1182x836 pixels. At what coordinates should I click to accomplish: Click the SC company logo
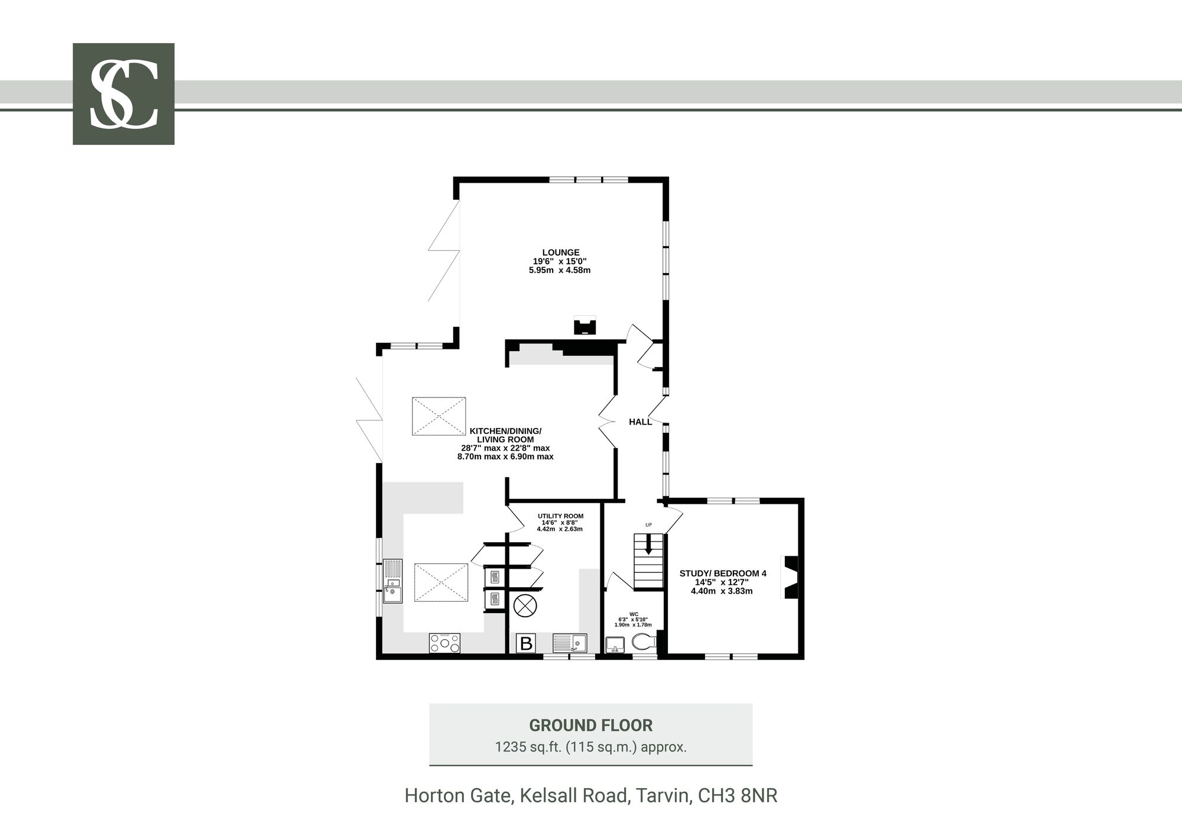click(124, 94)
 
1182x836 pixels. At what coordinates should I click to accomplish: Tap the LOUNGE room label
click(561, 252)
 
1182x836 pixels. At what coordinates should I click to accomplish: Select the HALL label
click(641, 422)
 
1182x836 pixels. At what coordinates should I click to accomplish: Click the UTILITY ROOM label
click(560, 516)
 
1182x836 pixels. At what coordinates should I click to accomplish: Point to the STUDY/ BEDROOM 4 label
click(723, 573)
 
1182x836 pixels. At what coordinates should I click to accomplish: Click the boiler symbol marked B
click(525, 643)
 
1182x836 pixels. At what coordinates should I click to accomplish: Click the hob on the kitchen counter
click(445, 643)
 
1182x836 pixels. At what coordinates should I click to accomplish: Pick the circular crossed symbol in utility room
click(525, 606)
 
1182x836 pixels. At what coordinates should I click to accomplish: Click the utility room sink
click(570, 643)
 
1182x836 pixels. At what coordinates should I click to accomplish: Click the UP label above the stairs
click(648, 525)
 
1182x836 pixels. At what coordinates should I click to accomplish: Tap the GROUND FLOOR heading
click(590, 725)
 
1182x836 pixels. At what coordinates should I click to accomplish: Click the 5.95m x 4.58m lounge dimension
click(560, 270)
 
